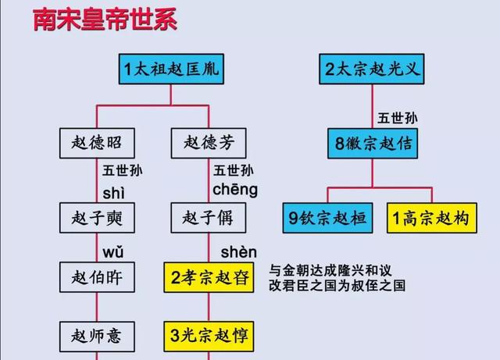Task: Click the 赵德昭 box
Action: [x=96, y=143]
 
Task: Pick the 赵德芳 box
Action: [x=209, y=143]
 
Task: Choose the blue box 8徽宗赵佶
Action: [x=372, y=143]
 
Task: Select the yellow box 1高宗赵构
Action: [x=430, y=219]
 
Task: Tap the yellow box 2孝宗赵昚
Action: [x=209, y=276]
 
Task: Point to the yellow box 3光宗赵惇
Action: [x=209, y=336]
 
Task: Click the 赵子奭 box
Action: [x=96, y=216]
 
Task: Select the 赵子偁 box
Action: [x=209, y=216]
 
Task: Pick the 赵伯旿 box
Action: [x=96, y=276]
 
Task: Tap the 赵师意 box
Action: [x=96, y=336]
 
